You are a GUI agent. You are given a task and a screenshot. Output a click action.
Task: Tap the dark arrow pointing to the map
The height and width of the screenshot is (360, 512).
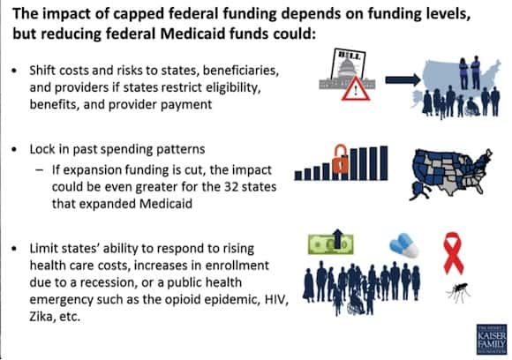click(x=403, y=79)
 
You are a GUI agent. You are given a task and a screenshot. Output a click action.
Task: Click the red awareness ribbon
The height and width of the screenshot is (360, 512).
click(x=453, y=252)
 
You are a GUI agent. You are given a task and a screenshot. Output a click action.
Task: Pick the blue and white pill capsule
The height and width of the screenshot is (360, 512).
click(x=403, y=244)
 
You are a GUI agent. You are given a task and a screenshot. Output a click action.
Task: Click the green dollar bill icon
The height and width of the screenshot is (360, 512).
click(x=330, y=244)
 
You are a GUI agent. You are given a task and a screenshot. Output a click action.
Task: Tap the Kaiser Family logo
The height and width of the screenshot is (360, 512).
click(x=492, y=339)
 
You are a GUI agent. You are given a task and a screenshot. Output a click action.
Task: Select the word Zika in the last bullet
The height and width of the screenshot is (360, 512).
click(x=41, y=316)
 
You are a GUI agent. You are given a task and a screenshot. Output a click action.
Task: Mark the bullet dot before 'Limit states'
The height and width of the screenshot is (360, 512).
click(x=14, y=249)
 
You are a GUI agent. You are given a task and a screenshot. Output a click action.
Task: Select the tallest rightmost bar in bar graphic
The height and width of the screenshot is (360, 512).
click(x=384, y=163)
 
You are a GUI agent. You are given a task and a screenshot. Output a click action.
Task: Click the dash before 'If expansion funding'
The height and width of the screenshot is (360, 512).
click(x=40, y=170)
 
